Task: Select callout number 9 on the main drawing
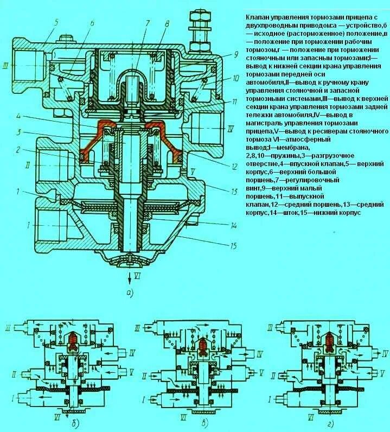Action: point(236,54)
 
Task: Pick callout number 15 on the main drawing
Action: point(233,245)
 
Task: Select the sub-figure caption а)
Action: point(130,294)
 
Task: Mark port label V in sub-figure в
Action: point(261,373)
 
